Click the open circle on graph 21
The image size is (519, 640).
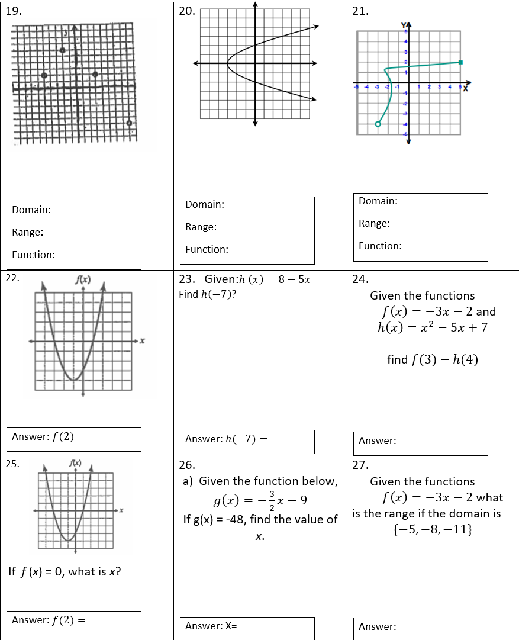(x=378, y=123)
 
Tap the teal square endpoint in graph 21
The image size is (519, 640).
(x=460, y=62)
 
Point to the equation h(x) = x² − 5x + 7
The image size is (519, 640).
(x=432, y=327)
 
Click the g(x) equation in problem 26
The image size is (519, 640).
(x=260, y=501)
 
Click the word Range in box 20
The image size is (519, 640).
(x=201, y=227)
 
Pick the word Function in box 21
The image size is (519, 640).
(x=380, y=246)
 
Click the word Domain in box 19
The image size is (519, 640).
(x=31, y=210)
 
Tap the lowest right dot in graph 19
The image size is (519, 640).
(x=129, y=123)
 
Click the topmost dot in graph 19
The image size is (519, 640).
(x=62, y=51)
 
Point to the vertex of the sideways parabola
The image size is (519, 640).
(x=228, y=63)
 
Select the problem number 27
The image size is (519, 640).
(x=360, y=465)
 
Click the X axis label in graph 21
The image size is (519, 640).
(x=465, y=89)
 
